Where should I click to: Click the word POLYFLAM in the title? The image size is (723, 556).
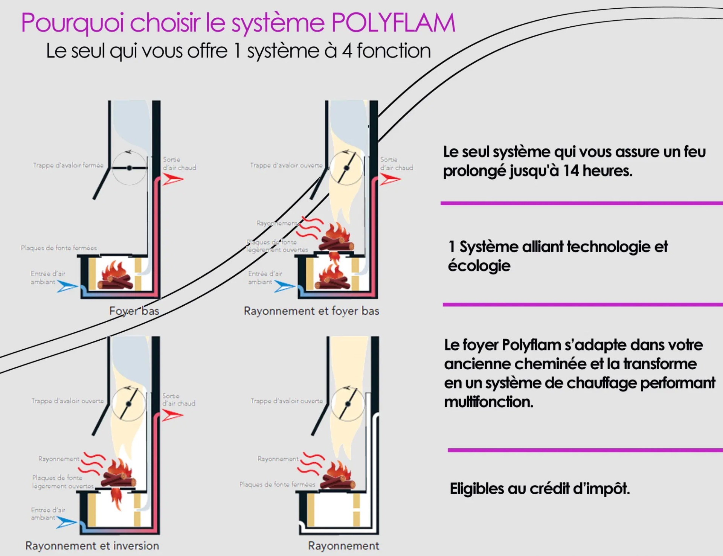[393, 23]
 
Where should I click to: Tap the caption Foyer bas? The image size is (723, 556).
[134, 311]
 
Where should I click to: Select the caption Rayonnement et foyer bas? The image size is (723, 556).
[311, 311]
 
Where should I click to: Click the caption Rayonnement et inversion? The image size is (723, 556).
[92, 545]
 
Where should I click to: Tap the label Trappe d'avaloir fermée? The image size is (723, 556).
[68, 165]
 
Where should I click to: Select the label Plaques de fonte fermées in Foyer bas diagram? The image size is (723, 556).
[59, 248]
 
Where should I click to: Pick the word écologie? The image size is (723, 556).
[479, 266]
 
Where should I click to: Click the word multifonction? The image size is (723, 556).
[488, 402]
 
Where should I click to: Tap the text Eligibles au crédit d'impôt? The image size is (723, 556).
[540, 489]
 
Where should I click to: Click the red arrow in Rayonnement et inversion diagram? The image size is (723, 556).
[172, 415]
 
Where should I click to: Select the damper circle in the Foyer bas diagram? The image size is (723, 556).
[129, 168]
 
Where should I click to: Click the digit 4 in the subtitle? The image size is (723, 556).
[347, 51]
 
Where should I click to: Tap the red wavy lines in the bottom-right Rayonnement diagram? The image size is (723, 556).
[311, 464]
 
